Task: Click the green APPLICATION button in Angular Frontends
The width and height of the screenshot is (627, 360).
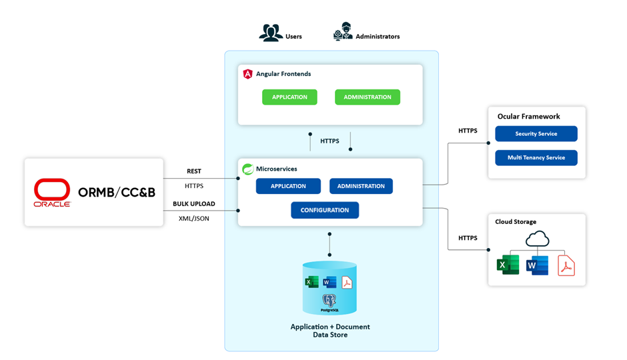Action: point(289,97)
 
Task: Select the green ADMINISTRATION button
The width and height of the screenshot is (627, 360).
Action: point(368,97)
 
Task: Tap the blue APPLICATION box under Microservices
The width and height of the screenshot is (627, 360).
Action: point(288,186)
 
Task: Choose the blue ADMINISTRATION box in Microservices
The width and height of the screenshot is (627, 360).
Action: point(361,186)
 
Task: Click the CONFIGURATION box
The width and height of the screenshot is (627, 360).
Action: point(325,210)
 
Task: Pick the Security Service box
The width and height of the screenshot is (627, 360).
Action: point(536,134)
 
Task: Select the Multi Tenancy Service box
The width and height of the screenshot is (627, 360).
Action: point(536,158)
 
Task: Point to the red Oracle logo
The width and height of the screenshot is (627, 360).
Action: point(52,192)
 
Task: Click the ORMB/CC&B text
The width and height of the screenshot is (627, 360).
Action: point(117,192)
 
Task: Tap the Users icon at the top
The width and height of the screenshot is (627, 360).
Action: point(271,33)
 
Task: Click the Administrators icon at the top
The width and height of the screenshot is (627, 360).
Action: point(343,33)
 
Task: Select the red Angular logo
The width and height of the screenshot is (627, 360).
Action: point(248,74)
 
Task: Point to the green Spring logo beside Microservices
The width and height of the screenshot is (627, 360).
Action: point(247,169)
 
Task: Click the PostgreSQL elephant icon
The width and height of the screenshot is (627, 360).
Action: point(329,301)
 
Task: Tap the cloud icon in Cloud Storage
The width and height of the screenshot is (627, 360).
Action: point(537,239)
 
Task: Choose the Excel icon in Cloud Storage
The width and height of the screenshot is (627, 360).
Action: point(508,265)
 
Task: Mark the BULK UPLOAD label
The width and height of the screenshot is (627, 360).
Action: point(193,203)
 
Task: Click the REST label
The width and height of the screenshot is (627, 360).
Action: point(193,171)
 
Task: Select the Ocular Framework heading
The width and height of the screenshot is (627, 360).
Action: point(528,117)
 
